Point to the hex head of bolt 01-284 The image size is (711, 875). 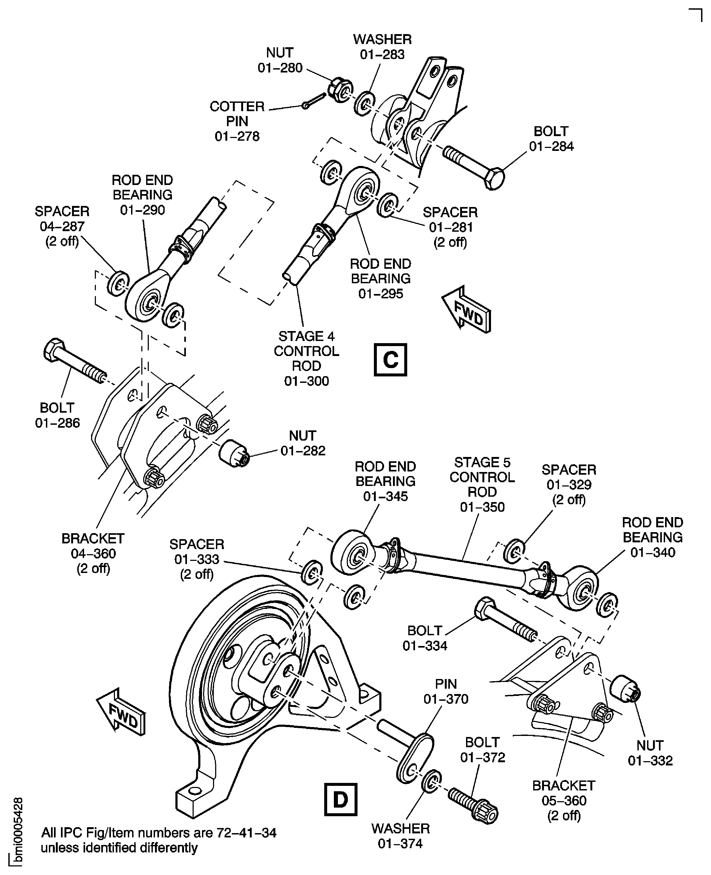click(494, 178)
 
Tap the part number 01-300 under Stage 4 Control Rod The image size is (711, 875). click(306, 381)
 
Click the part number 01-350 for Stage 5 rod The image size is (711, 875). click(482, 507)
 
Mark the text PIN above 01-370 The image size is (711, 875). click(446, 684)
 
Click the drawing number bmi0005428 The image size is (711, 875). click(18, 831)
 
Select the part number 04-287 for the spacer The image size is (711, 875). click(62, 226)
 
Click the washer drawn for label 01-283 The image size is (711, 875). click(363, 104)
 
